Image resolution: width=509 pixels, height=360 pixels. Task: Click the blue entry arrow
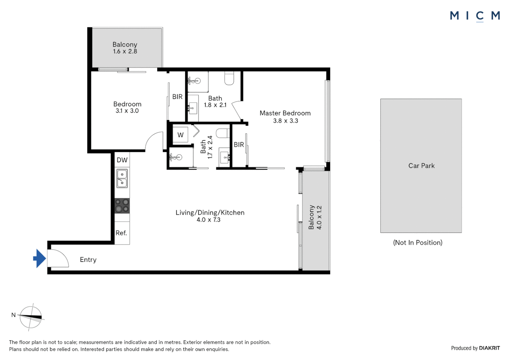[40, 258]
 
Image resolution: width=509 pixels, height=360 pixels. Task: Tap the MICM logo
[475, 16]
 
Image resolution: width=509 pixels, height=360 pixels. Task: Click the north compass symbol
[31, 317]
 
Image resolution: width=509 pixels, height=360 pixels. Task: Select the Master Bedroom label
[285, 113]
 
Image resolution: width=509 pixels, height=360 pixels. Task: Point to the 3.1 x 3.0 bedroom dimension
[127, 111]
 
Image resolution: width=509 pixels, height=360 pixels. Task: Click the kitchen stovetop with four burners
[122, 206]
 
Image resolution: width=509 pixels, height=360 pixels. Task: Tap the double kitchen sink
[122, 178]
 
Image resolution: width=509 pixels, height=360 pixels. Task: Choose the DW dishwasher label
[122, 160]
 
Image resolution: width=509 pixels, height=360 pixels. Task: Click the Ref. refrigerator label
[121, 233]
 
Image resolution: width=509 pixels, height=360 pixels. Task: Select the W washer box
[180, 135]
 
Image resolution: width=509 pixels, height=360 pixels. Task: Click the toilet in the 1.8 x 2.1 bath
[229, 78]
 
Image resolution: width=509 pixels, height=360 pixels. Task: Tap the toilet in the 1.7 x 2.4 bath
[223, 133]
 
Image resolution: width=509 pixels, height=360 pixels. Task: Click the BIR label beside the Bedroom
[177, 97]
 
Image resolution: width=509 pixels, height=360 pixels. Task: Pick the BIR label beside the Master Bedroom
[239, 145]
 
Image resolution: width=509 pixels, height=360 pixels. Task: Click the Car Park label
[421, 166]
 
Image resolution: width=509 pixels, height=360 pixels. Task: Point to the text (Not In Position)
[418, 243]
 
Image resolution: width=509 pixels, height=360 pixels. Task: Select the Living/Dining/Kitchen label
[210, 213]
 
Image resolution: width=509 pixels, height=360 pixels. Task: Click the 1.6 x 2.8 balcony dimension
[125, 52]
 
